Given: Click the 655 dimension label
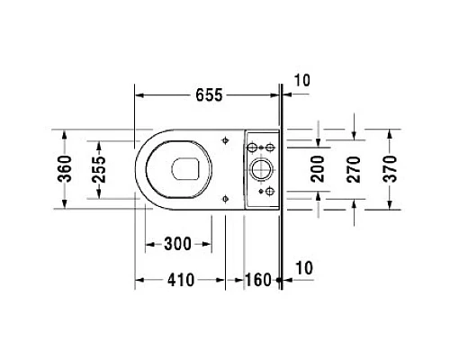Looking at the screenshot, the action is tap(209, 95).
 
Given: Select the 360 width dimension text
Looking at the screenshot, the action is tap(65, 169).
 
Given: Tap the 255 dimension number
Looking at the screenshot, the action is tap(99, 170).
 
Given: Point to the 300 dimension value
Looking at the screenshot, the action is tap(177, 244).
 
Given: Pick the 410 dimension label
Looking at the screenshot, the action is tap(181, 280).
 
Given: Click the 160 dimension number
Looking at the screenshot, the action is tap(258, 280).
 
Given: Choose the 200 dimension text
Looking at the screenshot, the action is tap(318, 169).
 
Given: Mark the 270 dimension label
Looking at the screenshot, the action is tap(354, 169).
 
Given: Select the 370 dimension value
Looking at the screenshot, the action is tap(391, 169).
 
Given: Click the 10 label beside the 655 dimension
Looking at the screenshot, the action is tap(301, 80).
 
